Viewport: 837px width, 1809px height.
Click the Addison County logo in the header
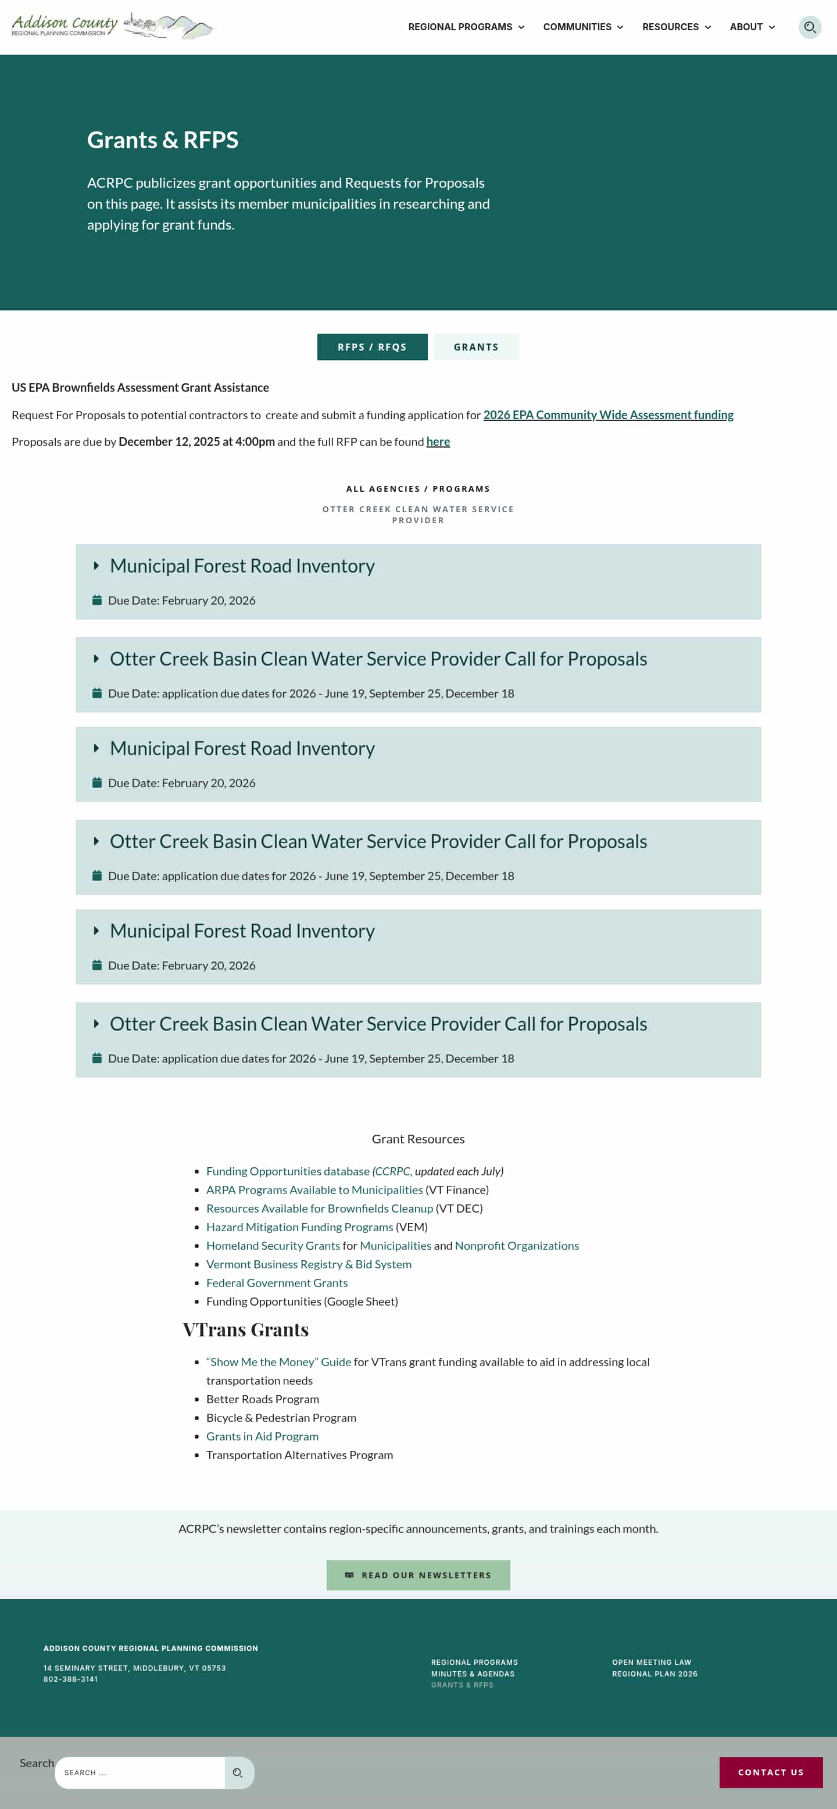[x=112, y=26]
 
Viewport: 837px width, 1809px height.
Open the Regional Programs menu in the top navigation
[x=466, y=27]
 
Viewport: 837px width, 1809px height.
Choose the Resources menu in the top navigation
[x=676, y=27]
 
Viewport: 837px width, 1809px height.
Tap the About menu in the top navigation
[x=752, y=27]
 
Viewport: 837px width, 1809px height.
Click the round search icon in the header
[x=810, y=27]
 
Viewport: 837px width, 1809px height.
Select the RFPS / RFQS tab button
[x=372, y=347]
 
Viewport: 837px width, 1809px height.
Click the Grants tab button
[x=476, y=347]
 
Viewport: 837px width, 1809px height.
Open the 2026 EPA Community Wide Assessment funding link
[x=608, y=415]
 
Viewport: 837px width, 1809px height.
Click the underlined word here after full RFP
[x=438, y=442]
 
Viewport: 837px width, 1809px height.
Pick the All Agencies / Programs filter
[x=418, y=489]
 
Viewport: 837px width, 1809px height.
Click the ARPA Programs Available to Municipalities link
[x=314, y=1189]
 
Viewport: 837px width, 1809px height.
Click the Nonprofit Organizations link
[x=517, y=1245]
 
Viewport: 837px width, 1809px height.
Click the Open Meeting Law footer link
[x=652, y=1663]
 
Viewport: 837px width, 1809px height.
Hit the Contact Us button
[x=770, y=1772]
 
